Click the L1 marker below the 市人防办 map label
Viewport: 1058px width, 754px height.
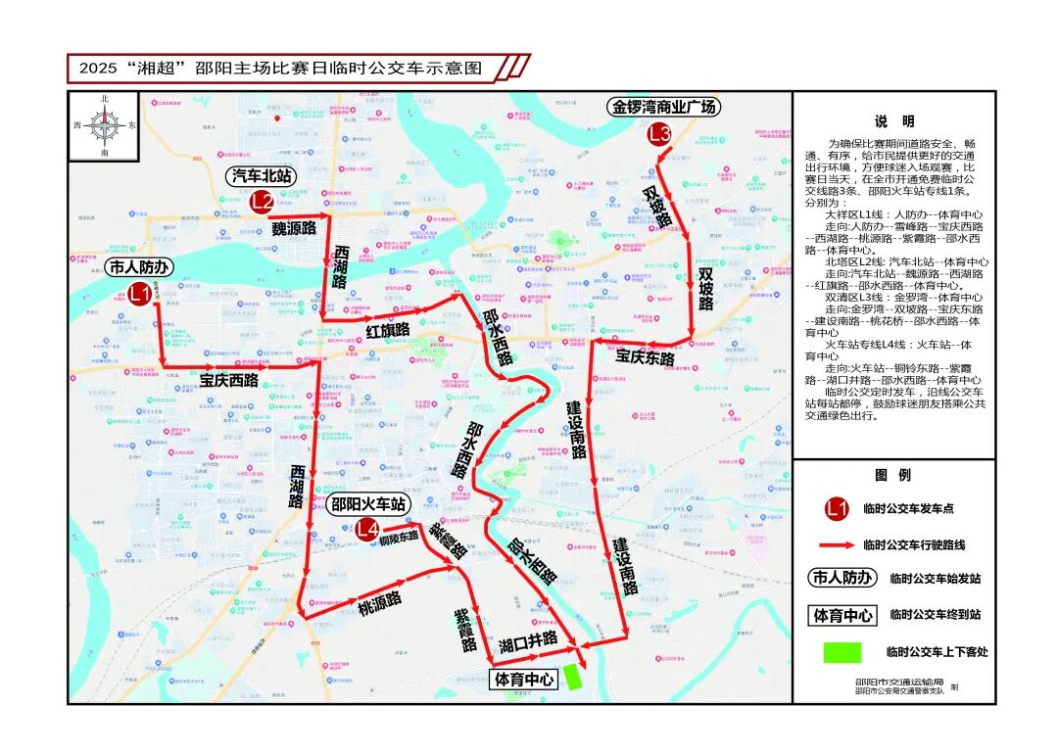[x=140, y=293]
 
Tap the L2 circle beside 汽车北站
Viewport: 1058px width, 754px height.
[x=261, y=203]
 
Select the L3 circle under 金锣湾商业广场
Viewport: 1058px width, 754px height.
[x=658, y=134]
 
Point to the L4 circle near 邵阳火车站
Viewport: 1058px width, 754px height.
[x=367, y=531]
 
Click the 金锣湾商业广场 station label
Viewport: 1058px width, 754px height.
[x=664, y=106]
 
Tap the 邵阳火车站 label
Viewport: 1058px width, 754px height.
[x=367, y=505]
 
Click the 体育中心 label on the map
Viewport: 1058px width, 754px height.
[x=524, y=678]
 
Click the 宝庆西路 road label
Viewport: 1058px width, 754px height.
[x=229, y=380]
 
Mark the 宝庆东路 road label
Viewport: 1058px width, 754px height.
[x=645, y=357]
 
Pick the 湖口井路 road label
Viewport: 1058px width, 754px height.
[x=527, y=641]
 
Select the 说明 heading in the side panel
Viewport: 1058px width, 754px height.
[x=893, y=121]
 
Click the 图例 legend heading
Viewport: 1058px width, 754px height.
[x=893, y=475]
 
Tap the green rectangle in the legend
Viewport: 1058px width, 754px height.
[x=842, y=652]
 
